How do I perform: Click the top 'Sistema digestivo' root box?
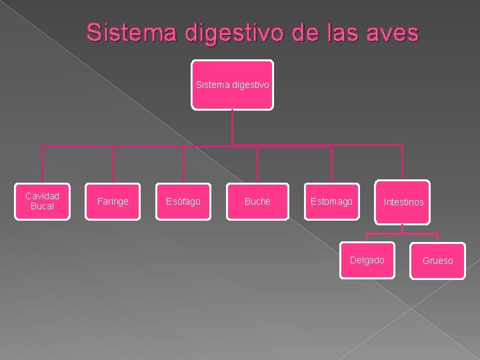233,85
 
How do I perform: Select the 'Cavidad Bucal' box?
43,201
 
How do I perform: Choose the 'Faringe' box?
113,201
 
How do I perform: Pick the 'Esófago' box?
183,201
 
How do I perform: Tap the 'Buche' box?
257,201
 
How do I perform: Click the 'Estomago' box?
331,201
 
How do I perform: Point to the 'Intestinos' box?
403,201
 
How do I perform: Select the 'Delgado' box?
367,260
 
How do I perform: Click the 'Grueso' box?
438,261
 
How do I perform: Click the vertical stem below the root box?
232,127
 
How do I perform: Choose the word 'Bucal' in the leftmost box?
43,207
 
